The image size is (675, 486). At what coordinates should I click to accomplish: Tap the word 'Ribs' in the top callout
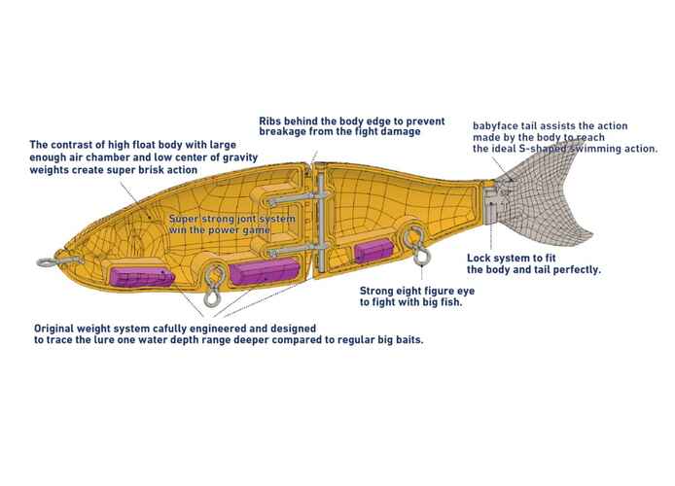[272, 121]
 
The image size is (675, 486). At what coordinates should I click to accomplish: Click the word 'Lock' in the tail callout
[481, 258]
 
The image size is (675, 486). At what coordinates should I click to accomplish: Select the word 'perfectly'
[573, 269]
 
